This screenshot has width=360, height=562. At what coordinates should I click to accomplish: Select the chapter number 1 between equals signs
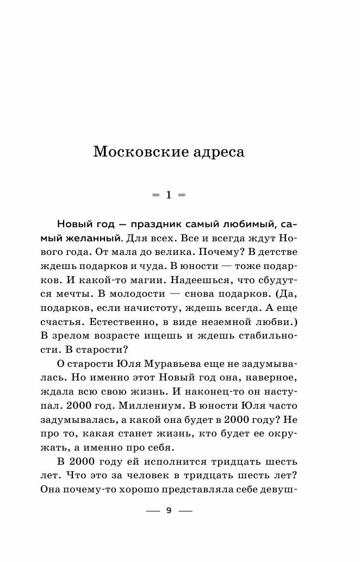(169, 195)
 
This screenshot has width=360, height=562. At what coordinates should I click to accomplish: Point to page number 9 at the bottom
(169, 510)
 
